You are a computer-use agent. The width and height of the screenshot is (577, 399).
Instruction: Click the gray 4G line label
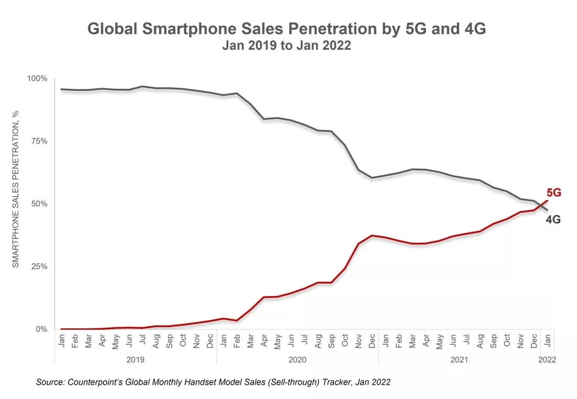[553, 220]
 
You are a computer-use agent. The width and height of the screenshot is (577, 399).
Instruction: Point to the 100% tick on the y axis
[37, 79]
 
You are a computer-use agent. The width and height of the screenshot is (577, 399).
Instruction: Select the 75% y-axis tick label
[38, 141]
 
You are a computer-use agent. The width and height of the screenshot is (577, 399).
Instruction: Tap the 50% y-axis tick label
[38, 204]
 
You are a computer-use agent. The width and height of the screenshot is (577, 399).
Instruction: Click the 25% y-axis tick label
[38, 267]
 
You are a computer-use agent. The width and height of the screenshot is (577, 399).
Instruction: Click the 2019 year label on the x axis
[135, 360]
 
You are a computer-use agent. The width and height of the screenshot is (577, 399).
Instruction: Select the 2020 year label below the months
[297, 360]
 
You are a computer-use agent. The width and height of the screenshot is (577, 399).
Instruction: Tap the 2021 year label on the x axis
[459, 360]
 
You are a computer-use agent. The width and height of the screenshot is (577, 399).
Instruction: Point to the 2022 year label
[546, 360]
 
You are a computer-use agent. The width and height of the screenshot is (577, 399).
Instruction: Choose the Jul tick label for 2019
[142, 340]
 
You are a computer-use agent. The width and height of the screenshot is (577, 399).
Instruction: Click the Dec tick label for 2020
[371, 340]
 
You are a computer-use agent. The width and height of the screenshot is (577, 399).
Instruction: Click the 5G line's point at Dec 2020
[371, 235]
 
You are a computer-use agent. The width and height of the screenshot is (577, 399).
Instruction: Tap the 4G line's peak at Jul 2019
[142, 86]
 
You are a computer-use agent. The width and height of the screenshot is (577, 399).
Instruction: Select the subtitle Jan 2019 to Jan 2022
[286, 46]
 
